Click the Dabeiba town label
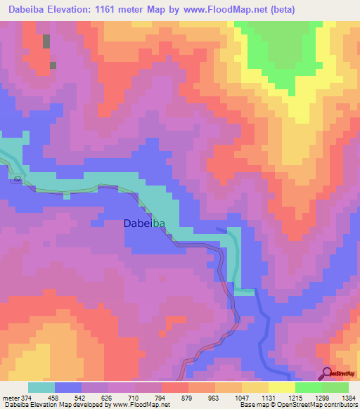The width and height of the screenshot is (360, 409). coord(145,223)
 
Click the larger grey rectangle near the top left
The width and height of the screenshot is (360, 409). coord(46,41)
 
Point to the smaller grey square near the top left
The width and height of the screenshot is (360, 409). coord(53,65)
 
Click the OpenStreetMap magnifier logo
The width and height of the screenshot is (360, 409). coord(328,372)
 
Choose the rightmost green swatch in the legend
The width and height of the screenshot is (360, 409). coord(335,387)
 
